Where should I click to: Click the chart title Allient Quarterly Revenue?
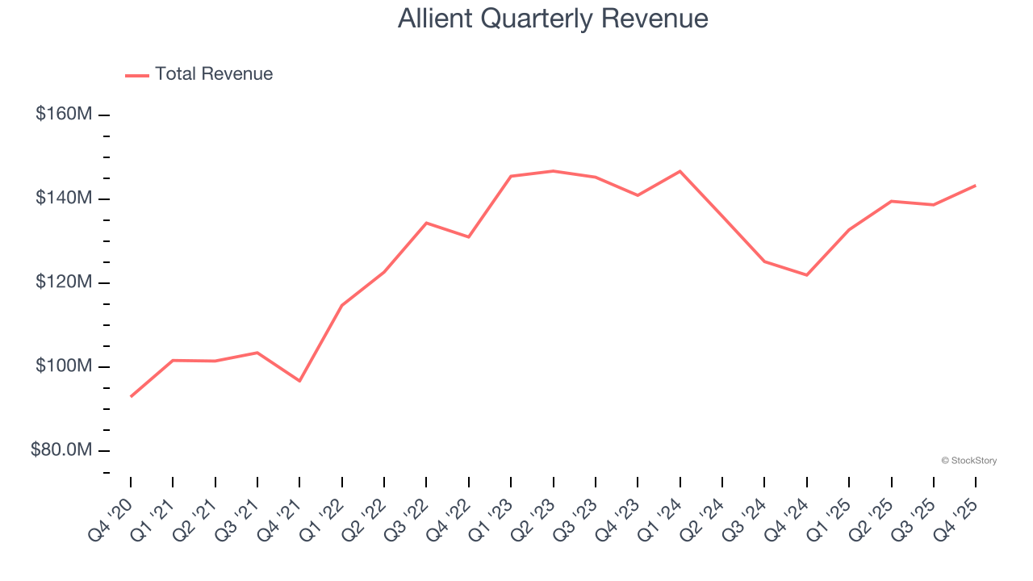pyautogui.click(x=553, y=19)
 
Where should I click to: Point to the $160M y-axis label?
pyautogui.click(x=63, y=115)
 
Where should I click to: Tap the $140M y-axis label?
pyautogui.click(x=63, y=199)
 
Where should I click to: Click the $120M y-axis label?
pyautogui.click(x=63, y=282)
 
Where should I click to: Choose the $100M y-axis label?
pyautogui.click(x=63, y=366)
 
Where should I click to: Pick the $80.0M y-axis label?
pyautogui.click(x=61, y=450)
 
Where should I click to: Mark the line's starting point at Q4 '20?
pyautogui.click(x=131, y=396)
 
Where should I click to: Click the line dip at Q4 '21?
pyautogui.click(x=299, y=381)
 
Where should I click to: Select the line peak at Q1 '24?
pyautogui.click(x=680, y=171)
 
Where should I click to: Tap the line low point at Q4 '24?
pyautogui.click(x=807, y=275)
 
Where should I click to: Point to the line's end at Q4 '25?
pyautogui.click(x=976, y=186)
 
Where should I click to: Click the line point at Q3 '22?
pyautogui.click(x=426, y=223)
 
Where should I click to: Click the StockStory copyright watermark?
pyautogui.click(x=969, y=461)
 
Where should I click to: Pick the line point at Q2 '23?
pyautogui.click(x=554, y=171)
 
